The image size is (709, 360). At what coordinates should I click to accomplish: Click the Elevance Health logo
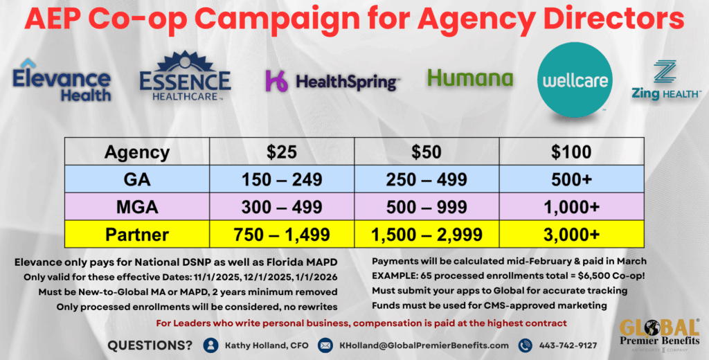pos(61,82)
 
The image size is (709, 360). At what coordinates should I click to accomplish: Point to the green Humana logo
pos(469,78)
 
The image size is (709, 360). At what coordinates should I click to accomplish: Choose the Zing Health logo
pos(665,82)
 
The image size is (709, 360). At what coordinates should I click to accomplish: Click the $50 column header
pos(426,152)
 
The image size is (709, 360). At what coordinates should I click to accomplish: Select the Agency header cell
pos(136,152)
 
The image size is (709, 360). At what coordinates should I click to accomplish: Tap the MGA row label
pos(136,207)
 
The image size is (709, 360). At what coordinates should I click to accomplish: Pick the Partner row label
pos(136,235)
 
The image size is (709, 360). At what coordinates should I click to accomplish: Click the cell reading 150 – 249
pos(281,180)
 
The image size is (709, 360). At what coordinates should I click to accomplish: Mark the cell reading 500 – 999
pos(426,207)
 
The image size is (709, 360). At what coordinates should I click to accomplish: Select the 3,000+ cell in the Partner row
pos(571,235)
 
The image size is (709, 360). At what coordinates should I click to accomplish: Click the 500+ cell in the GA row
pos(571,180)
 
